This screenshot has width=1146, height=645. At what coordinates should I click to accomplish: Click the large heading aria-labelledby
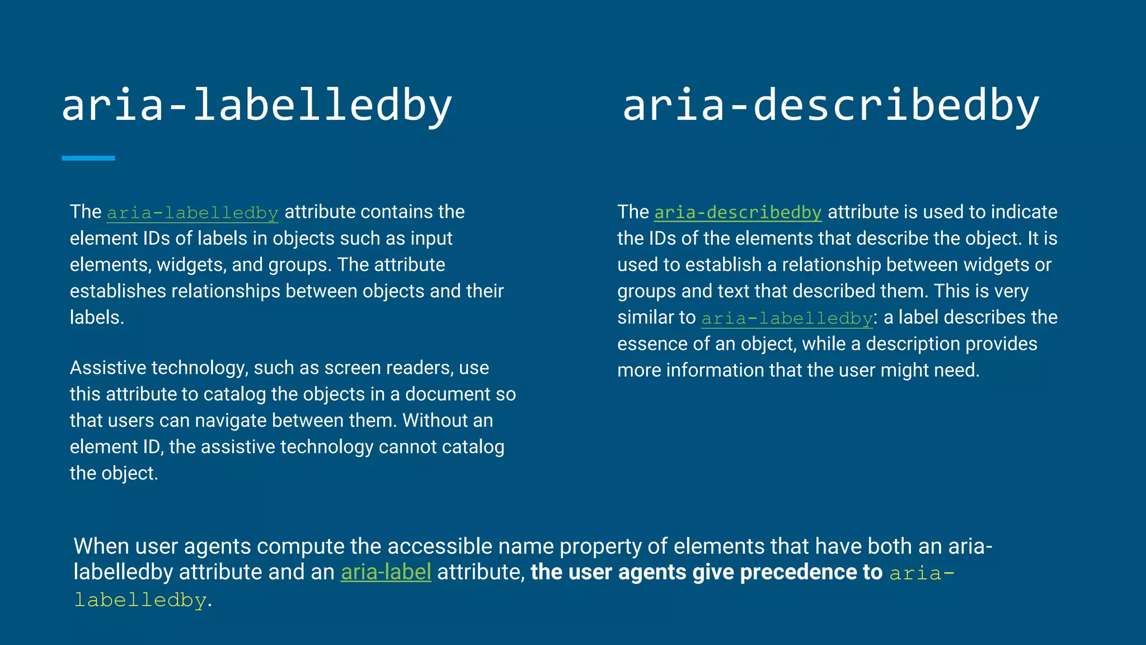click(x=256, y=105)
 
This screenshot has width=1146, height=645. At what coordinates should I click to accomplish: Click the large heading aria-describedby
click(x=830, y=105)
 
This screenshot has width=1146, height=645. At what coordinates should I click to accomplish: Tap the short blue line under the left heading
click(x=88, y=158)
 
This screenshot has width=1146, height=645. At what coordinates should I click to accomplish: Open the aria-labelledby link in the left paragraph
click(x=192, y=213)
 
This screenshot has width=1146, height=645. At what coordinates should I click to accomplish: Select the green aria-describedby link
click(x=738, y=213)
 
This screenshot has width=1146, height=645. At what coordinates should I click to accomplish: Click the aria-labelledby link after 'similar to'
click(x=787, y=318)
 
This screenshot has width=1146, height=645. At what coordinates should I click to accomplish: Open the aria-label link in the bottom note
click(x=386, y=572)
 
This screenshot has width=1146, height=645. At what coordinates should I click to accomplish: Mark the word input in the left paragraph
click(x=431, y=239)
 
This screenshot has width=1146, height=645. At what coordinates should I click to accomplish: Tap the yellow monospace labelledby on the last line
click(x=140, y=600)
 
